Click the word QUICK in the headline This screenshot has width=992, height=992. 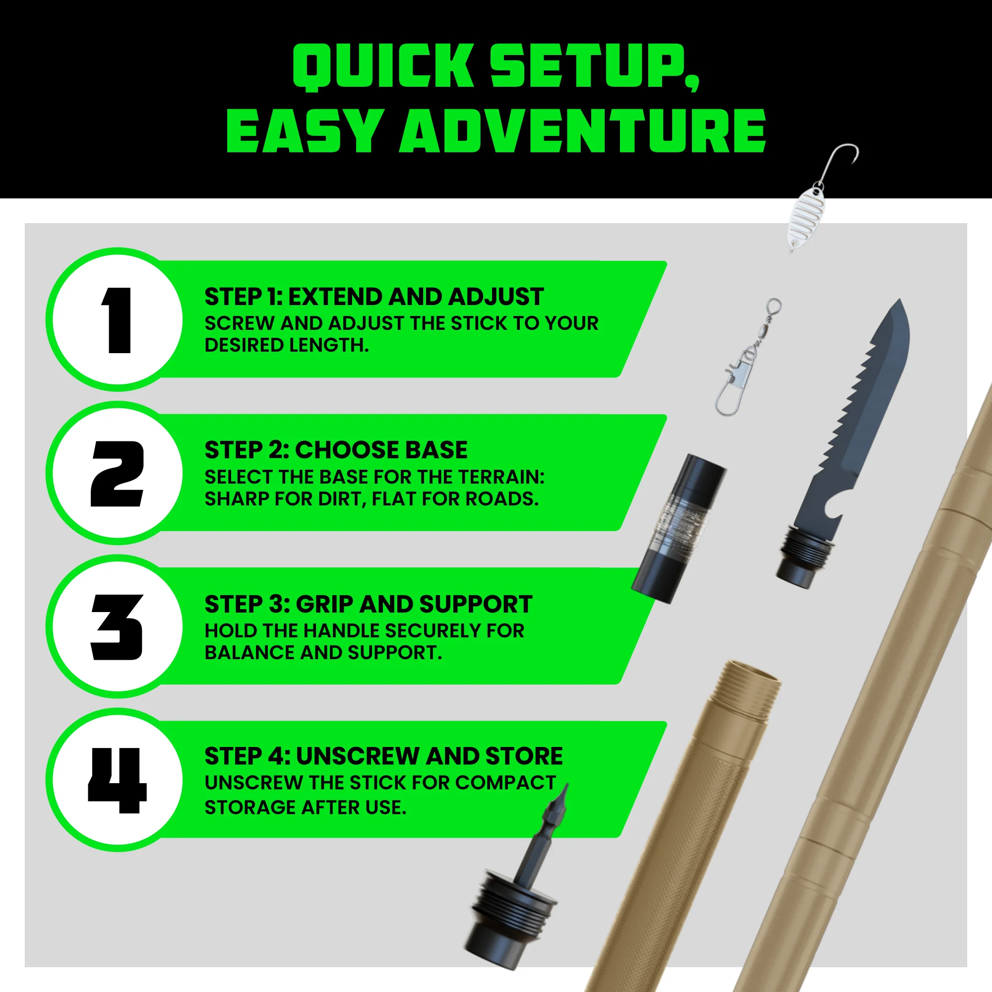382,67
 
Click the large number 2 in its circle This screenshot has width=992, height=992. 117,473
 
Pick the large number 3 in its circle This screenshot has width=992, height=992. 117,627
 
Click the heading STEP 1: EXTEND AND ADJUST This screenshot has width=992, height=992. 374,297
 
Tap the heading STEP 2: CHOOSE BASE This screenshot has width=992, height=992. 336,450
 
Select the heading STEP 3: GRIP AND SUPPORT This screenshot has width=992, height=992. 369,604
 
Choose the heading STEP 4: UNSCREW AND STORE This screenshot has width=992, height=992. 384,756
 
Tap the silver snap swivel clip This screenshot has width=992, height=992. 747,357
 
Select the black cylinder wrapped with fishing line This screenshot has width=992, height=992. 679,529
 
